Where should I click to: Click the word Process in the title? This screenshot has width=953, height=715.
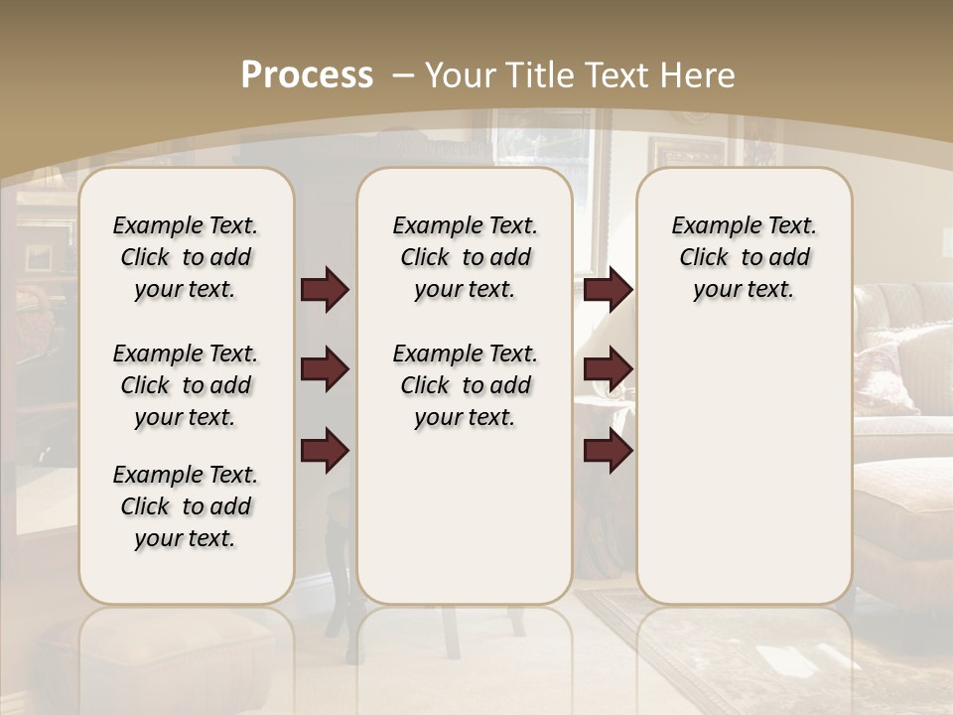[307, 75]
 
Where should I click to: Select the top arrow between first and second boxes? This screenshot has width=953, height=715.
[325, 290]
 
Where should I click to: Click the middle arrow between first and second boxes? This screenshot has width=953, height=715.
[325, 369]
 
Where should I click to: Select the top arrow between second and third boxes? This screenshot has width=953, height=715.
[608, 290]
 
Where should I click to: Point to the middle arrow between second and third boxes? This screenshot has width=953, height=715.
[608, 369]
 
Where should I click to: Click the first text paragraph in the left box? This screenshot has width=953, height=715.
[186, 257]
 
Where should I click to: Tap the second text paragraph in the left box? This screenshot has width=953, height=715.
[186, 385]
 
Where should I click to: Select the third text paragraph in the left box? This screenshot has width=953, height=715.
[186, 506]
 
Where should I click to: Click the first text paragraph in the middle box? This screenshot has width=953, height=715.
[465, 257]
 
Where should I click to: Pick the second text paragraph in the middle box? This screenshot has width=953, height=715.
[465, 385]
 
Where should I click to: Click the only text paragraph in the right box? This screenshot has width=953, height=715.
[744, 257]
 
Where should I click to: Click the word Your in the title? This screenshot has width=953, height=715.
[459, 75]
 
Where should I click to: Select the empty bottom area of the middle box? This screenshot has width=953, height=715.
[465, 526]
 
